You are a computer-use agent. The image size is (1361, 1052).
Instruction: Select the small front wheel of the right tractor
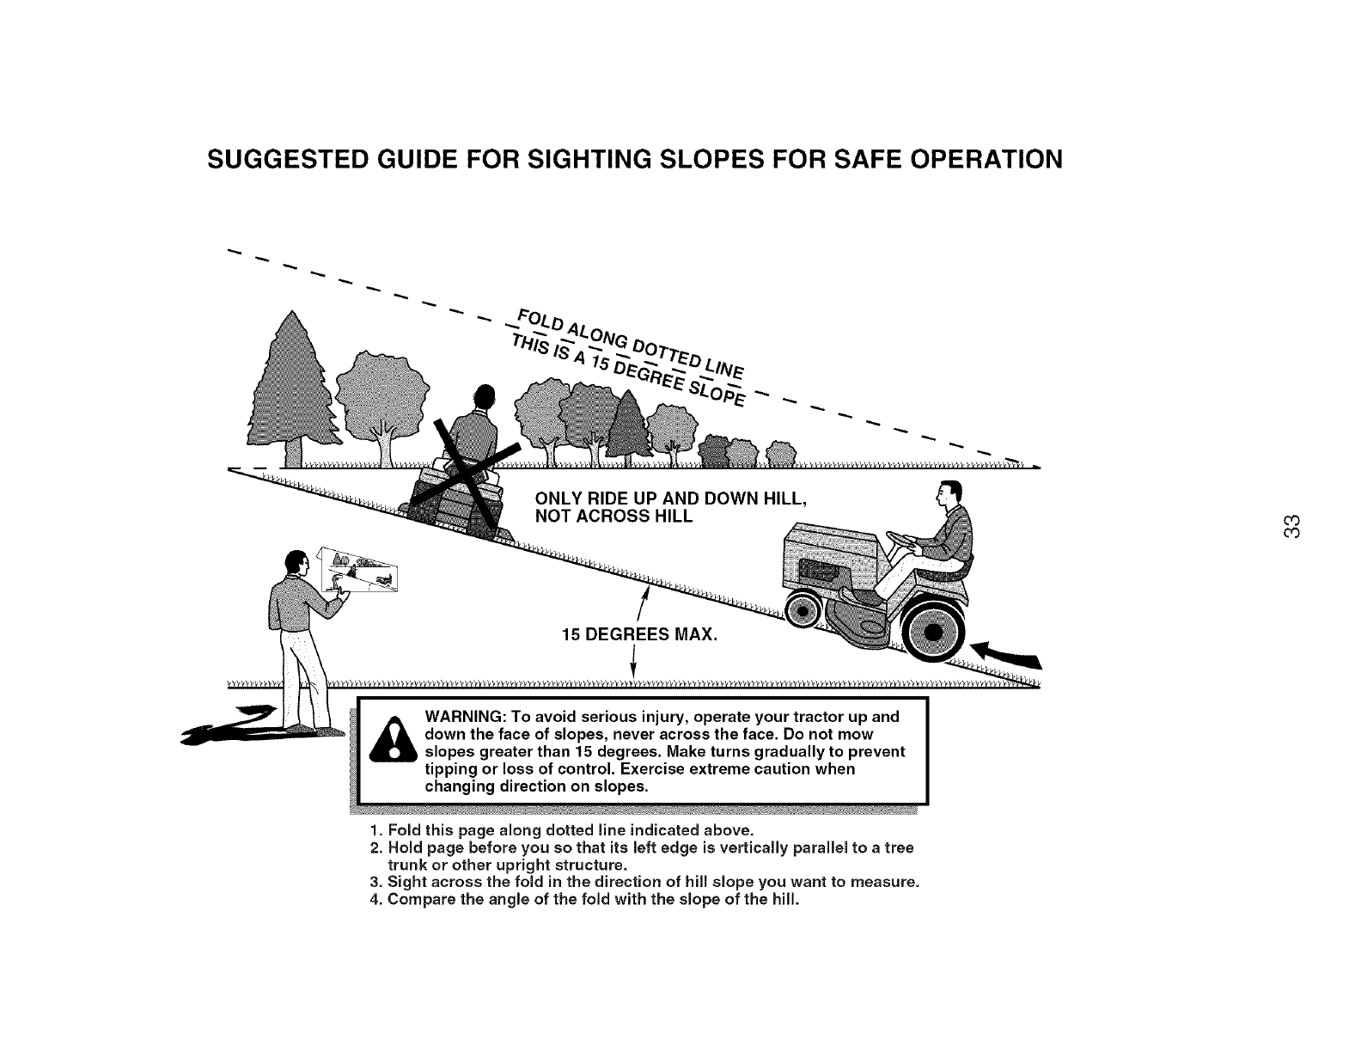(x=805, y=612)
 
